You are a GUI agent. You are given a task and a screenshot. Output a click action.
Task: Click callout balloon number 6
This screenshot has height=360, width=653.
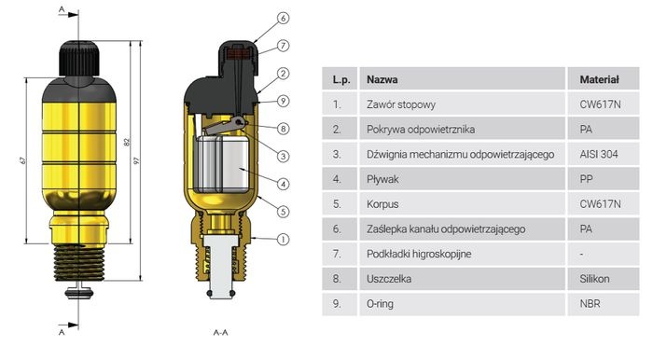coord(284,19)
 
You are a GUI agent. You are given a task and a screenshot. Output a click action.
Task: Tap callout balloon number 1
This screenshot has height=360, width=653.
coord(284,240)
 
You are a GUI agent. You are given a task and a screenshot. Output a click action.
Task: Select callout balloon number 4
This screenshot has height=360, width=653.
coord(284,184)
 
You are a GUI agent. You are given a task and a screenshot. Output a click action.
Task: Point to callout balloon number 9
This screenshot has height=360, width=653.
coord(284,101)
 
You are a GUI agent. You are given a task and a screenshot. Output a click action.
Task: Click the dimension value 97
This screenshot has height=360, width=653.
coord(136,160)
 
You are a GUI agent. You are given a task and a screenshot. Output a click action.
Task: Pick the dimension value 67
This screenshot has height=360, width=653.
coord(23,160)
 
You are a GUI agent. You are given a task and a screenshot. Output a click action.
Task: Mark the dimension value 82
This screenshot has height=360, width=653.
coord(127,142)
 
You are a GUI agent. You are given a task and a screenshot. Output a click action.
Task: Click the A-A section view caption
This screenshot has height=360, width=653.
coord(221,333)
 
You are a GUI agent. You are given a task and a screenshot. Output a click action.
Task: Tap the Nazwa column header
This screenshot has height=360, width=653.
coord(382,79)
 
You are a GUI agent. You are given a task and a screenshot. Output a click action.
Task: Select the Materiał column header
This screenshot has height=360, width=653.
coord(599,79)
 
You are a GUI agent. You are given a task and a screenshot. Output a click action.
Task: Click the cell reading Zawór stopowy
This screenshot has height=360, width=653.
coord(400,104)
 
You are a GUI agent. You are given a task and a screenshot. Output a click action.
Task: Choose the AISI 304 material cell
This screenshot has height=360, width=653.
coord(599,155)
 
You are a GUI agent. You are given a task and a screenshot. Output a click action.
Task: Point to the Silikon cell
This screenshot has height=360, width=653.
coord(594,279)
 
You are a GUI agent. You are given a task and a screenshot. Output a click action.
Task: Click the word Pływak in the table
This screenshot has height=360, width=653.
coord(382,179)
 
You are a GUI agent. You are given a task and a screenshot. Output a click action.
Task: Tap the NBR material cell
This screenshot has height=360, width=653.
coord(590,304)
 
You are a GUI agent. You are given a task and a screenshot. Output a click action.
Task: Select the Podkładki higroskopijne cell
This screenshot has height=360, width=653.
coord(419,254)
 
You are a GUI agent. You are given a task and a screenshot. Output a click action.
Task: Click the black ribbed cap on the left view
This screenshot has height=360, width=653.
coord(79,58)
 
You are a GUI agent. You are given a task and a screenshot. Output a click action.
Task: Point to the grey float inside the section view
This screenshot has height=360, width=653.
coord(222,163)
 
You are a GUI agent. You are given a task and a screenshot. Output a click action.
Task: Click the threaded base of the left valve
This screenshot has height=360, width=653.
coord(79,262)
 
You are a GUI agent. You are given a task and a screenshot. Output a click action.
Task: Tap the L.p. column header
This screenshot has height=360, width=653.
coord(341,79)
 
